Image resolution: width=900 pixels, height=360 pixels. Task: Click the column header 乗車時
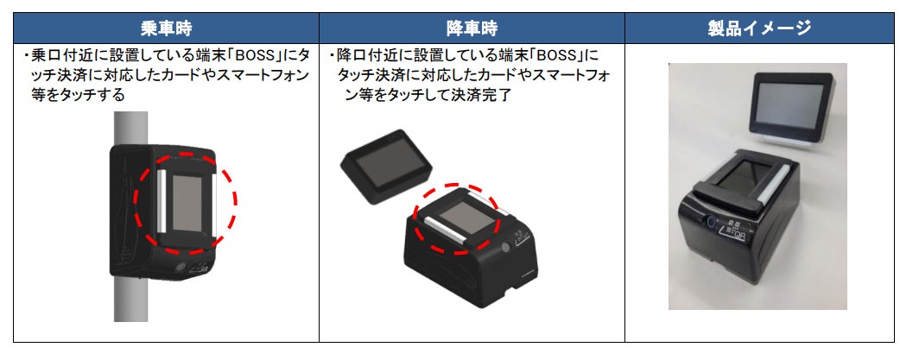click(x=165, y=28)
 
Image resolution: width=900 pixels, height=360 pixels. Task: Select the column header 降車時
click(x=472, y=28)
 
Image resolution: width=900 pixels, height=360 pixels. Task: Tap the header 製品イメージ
click(x=759, y=28)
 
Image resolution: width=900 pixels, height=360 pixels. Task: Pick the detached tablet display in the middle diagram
click(x=385, y=163)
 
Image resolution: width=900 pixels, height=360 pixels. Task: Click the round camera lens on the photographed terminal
click(x=711, y=221)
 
